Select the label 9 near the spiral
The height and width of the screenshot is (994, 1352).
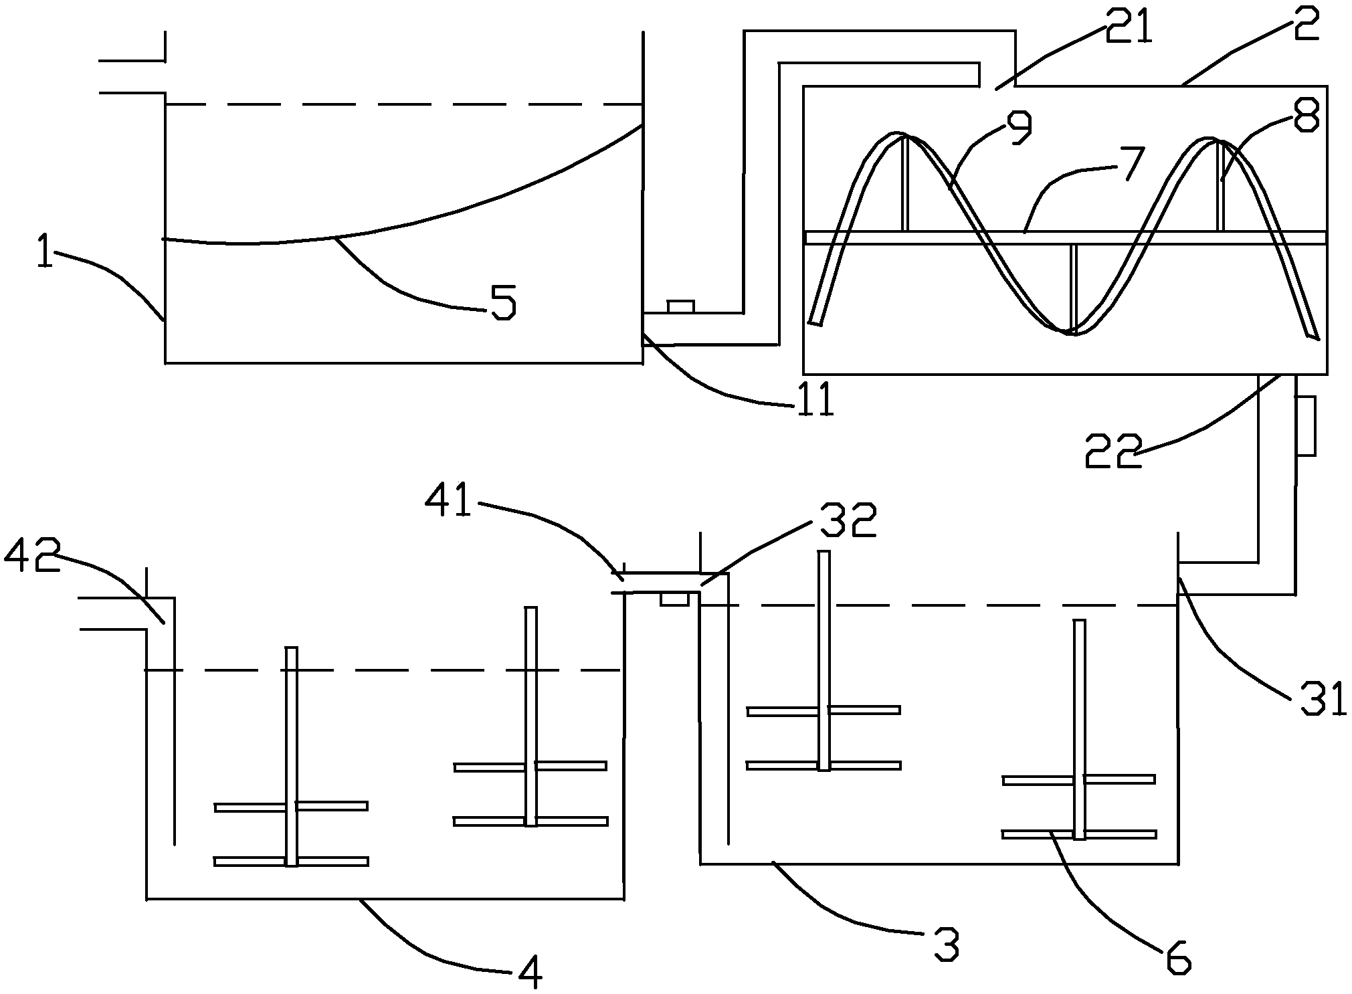pyautogui.click(x=1016, y=129)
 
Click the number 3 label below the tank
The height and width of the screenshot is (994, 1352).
pyautogui.click(x=945, y=943)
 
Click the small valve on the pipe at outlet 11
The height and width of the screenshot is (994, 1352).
pyautogui.click(x=681, y=307)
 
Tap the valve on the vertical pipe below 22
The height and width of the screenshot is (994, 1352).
pyautogui.click(x=1307, y=425)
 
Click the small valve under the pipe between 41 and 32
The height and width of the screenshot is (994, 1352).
pyautogui.click(x=674, y=599)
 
